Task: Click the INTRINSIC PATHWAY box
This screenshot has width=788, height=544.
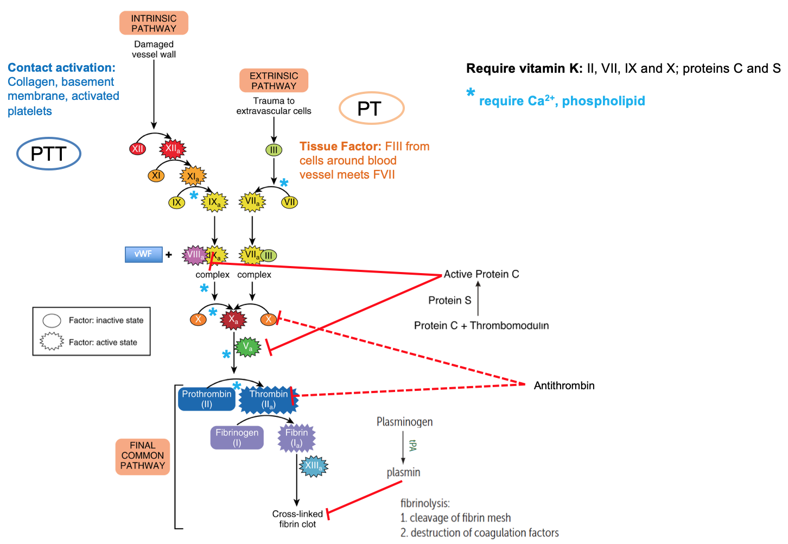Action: point(154,23)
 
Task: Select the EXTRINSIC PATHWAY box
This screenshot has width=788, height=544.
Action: point(274,80)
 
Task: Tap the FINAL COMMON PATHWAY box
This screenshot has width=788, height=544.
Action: point(143,456)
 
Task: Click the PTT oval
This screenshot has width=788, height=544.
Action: point(49,154)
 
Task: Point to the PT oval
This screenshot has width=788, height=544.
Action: point(371,109)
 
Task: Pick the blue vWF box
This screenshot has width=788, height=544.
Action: point(143,254)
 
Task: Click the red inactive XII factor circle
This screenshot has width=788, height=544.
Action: point(138,148)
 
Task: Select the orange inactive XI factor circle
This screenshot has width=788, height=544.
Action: point(156,175)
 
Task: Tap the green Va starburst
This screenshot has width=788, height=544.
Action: point(247,347)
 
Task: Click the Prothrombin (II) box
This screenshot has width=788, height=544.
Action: point(207,399)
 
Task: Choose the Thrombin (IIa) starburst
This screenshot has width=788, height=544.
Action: point(269,400)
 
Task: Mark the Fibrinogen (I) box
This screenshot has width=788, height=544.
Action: point(237,438)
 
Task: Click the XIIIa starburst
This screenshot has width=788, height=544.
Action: point(314,466)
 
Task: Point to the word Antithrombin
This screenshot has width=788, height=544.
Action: point(564,385)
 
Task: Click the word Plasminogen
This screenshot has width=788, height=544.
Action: point(404,422)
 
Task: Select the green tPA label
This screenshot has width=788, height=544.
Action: point(412,446)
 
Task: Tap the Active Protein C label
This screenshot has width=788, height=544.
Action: point(481,274)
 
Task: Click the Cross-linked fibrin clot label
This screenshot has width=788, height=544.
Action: point(297,519)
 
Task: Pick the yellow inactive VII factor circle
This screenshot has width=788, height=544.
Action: point(290,203)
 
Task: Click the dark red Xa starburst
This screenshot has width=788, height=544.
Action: point(233,319)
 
